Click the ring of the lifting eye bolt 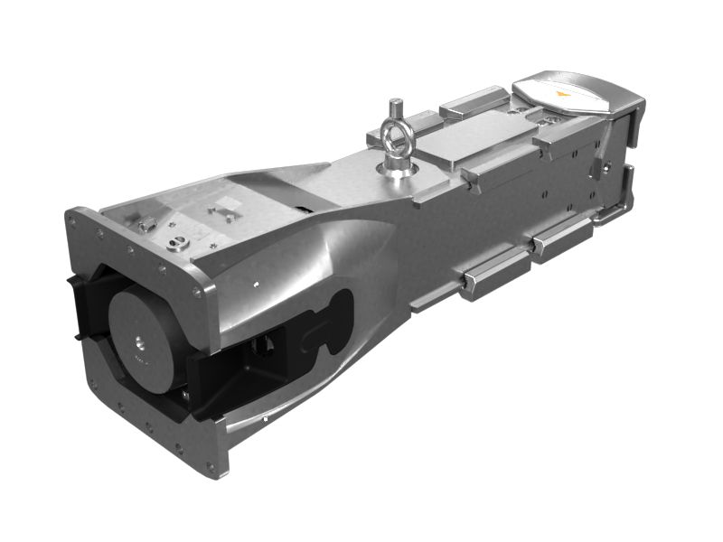click(394, 137)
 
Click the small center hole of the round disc click(140, 341)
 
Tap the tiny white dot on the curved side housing click(256, 285)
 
